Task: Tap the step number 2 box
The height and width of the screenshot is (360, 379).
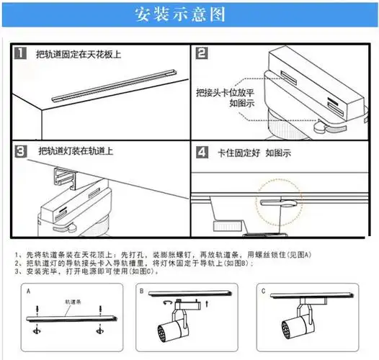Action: coord(202,53)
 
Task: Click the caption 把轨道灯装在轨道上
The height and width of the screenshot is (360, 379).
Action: coord(76,152)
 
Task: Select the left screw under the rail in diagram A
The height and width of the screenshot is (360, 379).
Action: coord(37,330)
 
